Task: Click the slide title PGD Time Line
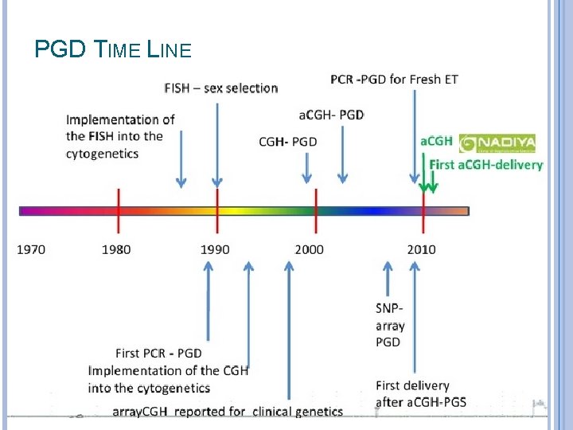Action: tap(113, 50)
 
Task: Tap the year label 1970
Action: tap(31, 249)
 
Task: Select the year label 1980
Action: tap(116, 249)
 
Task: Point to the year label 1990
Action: tap(215, 249)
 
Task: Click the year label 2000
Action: tap(309, 249)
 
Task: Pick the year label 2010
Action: tap(421, 249)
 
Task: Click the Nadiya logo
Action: tap(497, 143)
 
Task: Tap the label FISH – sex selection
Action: tap(221, 88)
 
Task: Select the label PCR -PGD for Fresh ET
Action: tap(394, 79)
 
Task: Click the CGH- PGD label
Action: tap(287, 142)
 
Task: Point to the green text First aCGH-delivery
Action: tap(485, 165)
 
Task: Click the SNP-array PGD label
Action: tap(389, 325)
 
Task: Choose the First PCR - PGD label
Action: tap(158, 353)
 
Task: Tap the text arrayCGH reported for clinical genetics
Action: tap(227, 412)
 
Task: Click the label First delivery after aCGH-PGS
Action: tap(421, 393)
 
